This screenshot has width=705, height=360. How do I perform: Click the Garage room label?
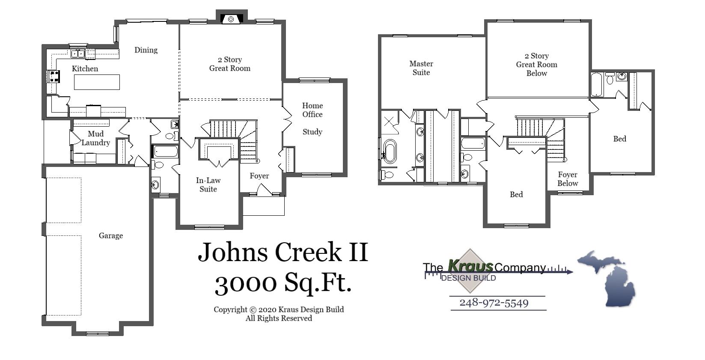point(110,235)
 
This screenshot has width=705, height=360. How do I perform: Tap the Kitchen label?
point(85,68)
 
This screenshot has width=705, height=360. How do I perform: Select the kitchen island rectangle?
point(97,82)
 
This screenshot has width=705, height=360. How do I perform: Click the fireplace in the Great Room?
point(231,19)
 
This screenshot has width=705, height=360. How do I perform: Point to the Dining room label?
point(146,50)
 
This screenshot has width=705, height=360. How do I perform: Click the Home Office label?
point(312,110)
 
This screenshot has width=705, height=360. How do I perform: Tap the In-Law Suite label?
point(208,185)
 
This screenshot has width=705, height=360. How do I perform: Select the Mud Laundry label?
point(95,138)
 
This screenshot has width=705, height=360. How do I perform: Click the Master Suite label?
point(421,68)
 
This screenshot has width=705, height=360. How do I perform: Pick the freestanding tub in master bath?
point(390,151)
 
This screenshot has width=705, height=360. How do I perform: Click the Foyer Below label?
point(568,179)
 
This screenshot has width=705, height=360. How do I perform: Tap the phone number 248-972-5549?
point(494,303)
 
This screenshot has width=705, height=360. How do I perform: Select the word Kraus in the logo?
point(470,266)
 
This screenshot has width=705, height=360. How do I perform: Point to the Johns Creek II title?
point(283,252)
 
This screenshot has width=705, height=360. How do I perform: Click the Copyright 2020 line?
point(279,309)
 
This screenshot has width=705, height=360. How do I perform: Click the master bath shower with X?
point(389,121)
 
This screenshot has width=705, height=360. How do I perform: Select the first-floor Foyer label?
point(259,176)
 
